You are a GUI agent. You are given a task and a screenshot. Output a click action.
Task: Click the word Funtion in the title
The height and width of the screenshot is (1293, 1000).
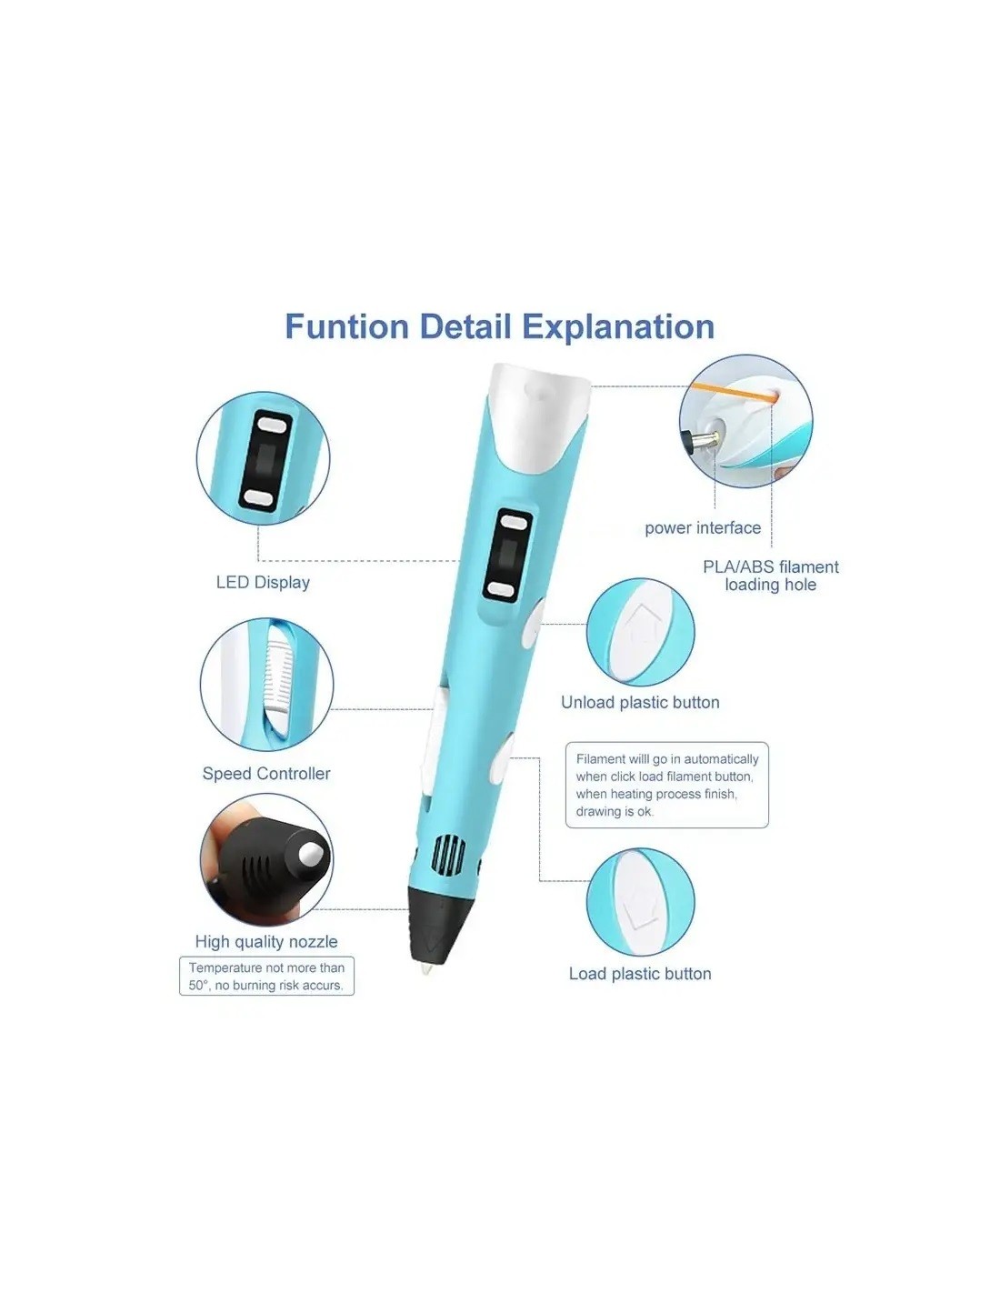click(x=347, y=326)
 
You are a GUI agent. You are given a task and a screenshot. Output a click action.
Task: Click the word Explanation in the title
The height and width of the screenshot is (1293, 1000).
click(x=618, y=327)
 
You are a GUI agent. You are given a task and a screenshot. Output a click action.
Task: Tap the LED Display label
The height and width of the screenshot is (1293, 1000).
click(x=263, y=583)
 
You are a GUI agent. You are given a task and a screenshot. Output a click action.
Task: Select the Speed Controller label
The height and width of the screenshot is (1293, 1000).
click(x=266, y=774)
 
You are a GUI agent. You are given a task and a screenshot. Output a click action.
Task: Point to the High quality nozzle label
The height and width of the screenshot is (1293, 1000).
click(x=266, y=941)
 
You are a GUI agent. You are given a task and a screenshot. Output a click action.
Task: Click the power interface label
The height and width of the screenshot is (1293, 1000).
click(x=703, y=527)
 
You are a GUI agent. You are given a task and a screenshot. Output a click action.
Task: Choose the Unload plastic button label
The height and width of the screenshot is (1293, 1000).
click(x=640, y=702)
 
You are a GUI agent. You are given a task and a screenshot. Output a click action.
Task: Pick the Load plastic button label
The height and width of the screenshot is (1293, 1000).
click(x=640, y=974)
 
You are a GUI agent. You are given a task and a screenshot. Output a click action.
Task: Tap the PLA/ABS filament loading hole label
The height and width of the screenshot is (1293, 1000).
click(x=770, y=576)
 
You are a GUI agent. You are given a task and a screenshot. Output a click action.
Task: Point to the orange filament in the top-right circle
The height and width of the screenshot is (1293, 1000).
click(x=731, y=392)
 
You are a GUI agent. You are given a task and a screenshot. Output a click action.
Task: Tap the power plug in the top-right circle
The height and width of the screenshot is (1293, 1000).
click(x=701, y=441)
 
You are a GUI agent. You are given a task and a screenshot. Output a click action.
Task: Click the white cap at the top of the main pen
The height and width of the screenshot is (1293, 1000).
click(x=538, y=415)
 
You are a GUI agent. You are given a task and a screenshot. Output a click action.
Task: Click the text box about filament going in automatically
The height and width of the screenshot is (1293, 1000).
click(x=667, y=785)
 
